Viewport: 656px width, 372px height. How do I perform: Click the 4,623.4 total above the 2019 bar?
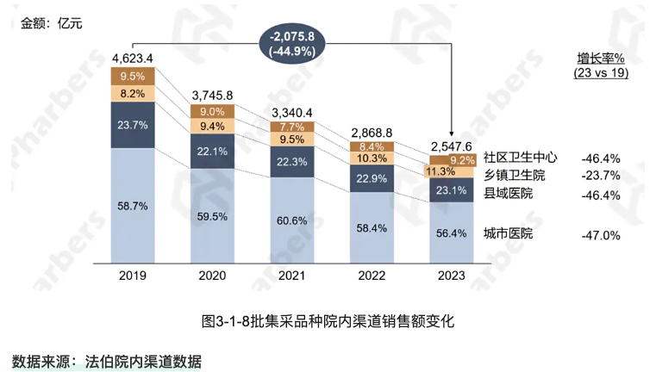(x=133, y=59)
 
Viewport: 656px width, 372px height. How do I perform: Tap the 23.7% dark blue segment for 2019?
(x=133, y=125)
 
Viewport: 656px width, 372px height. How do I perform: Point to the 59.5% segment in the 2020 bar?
(x=213, y=216)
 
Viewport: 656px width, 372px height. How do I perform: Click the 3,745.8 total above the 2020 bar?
(x=213, y=95)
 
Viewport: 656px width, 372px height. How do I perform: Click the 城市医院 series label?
(x=508, y=233)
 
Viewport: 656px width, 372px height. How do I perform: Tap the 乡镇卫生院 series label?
(x=514, y=176)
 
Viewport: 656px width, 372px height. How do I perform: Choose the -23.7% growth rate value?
(x=601, y=177)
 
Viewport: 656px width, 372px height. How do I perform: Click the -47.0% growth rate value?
(x=601, y=234)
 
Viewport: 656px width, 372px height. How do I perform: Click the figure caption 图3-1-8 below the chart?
(x=328, y=321)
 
